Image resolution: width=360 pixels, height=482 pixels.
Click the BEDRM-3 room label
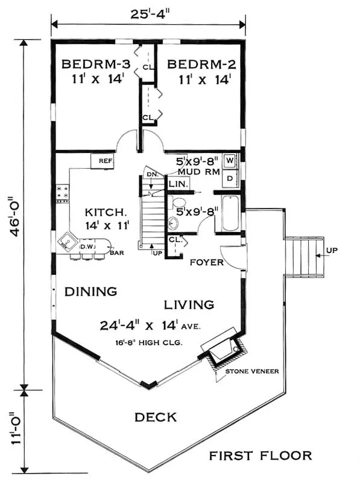[x=96, y=64]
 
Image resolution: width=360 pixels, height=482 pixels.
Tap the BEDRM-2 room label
[x=201, y=64]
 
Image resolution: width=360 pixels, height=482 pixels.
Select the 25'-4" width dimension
[x=150, y=14]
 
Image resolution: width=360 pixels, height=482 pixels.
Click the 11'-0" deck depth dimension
[x=16, y=428]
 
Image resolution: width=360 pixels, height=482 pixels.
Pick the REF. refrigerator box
[x=103, y=161]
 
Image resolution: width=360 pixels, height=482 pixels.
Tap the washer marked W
[x=230, y=160]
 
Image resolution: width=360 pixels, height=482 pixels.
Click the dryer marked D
[x=230, y=178]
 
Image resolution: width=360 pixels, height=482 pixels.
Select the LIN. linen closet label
[x=178, y=184]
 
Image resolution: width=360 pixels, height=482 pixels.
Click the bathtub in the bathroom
[x=230, y=213]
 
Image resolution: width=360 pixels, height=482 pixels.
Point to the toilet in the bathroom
[x=177, y=203]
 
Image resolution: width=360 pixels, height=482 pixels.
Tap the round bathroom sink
[x=174, y=223]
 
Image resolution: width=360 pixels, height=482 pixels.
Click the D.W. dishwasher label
[x=88, y=246]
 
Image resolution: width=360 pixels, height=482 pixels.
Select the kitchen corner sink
[x=68, y=239]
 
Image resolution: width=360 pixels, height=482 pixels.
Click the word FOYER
[x=206, y=262]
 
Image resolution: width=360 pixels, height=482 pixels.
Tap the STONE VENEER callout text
[x=252, y=371]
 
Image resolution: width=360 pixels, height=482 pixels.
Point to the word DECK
[x=156, y=417]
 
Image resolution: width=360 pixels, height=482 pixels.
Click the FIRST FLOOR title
[x=261, y=455]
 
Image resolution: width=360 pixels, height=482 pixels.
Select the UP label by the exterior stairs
[x=332, y=250]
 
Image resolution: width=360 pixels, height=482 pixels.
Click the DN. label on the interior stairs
[x=153, y=174]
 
